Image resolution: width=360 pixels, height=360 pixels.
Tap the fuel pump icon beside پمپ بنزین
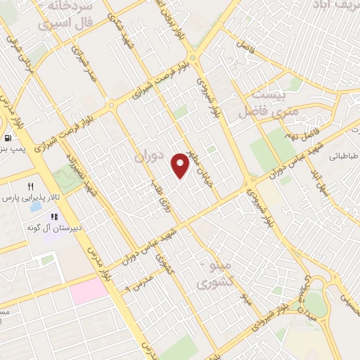8,138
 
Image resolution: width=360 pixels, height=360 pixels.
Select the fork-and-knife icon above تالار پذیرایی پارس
30,186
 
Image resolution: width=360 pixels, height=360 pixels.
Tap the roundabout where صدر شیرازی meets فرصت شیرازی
111,106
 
